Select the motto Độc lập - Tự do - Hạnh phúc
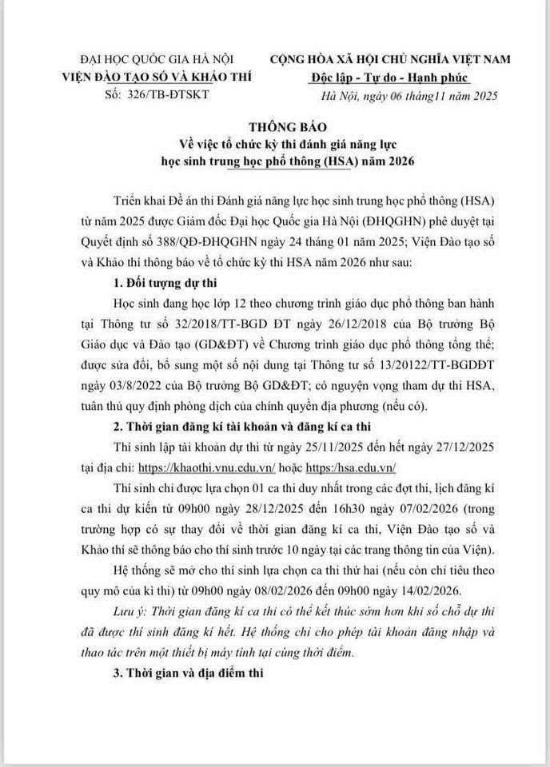(389, 78)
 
